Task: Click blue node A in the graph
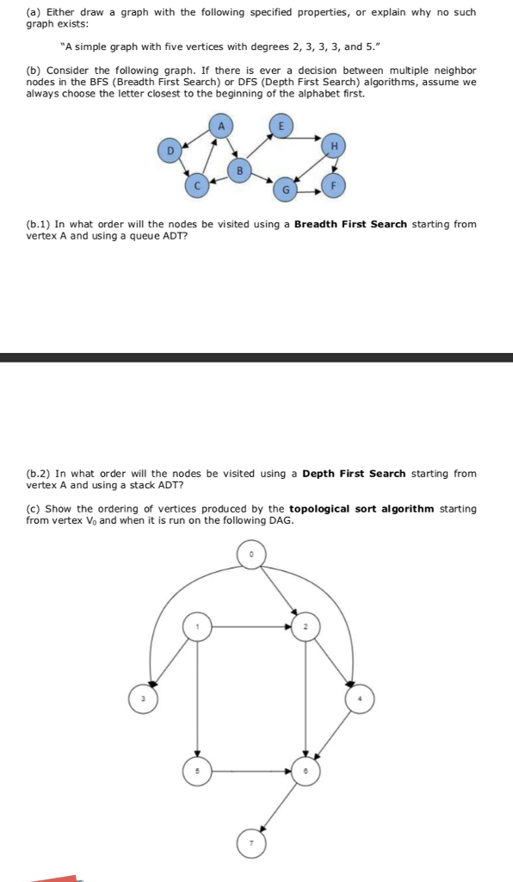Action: (x=221, y=127)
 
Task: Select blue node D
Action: (x=170, y=152)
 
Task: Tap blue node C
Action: (x=197, y=183)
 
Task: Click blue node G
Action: (x=285, y=187)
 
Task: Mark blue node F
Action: (x=334, y=183)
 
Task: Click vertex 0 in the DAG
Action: (x=251, y=556)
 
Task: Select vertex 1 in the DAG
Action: (x=197, y=626)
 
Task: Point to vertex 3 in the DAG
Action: (x=143, y=697)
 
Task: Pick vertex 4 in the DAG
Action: (x=359, y=697)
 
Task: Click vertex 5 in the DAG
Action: (x=197, y=771)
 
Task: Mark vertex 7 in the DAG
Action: (x=251, y=842)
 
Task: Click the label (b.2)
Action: (x=39, y=474)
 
